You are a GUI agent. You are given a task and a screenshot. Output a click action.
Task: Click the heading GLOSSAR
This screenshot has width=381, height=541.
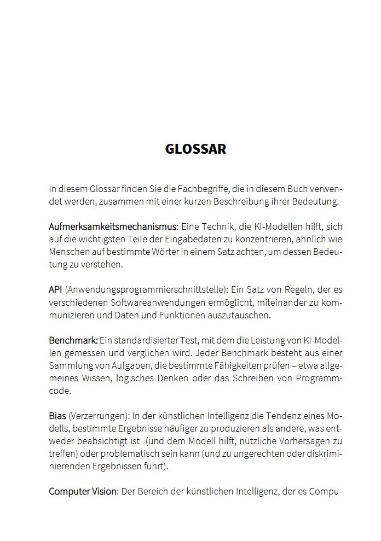[x=195, y=149]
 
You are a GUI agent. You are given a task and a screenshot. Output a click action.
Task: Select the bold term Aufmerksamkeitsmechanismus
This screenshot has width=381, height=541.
[x=113, y=226]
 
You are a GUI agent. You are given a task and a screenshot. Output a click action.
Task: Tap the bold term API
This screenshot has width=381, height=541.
[x=55, y=289]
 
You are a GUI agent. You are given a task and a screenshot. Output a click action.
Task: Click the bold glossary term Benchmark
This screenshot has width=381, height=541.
[x=73, y=340]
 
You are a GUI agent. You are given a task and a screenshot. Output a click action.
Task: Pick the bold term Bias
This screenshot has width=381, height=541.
[x=57, y=416]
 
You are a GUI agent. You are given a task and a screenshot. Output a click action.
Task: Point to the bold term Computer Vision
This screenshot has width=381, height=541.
[x=83, y=491]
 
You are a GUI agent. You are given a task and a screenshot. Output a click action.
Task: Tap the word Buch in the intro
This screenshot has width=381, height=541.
[x=297, y=189]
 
